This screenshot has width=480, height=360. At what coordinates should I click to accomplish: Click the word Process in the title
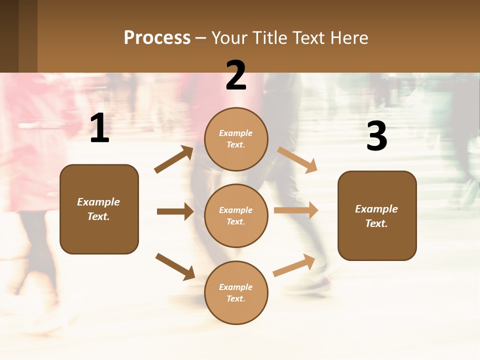(157, 38)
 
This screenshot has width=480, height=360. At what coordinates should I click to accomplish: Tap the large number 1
(99, 128)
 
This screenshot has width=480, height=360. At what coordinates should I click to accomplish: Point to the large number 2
(236, 75)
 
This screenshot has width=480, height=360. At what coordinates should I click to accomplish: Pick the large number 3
(376, 136)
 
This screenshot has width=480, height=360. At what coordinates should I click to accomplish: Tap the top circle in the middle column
(236, 139)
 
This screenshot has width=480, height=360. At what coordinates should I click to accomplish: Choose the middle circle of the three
(236, 215)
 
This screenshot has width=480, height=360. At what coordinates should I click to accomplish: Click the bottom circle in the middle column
(236, 292)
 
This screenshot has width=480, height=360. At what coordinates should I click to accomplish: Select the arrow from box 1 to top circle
(174, 159)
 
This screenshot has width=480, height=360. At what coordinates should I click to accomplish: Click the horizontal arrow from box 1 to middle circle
(175, 211)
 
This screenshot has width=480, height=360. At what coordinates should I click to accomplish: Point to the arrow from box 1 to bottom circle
(175, 266)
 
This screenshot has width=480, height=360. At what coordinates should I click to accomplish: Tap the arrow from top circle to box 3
(297, 159)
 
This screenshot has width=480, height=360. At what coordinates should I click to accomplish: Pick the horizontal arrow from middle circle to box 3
(296, 210)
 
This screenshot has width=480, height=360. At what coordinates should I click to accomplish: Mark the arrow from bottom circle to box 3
(294, 265)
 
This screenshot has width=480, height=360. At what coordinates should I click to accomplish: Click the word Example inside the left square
(98, 202)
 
